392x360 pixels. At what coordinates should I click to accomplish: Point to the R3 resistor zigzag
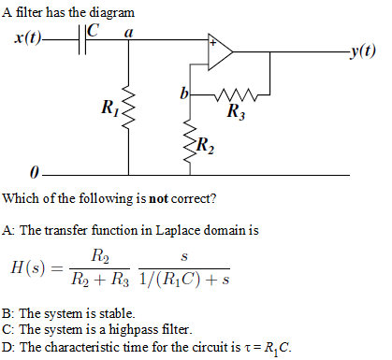coord(229,94)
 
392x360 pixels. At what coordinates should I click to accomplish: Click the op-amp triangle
coord(222,52)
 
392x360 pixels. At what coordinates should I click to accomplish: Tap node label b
coord(184,93)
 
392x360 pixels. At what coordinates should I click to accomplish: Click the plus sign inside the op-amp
coord(213,44)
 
